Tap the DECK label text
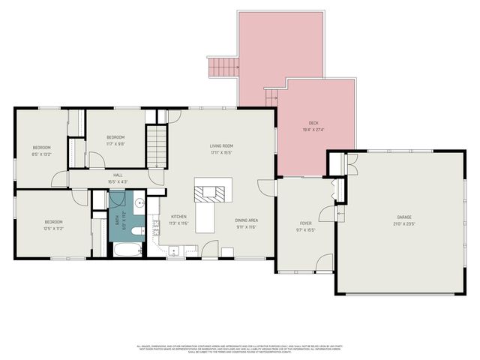[x=313, y=123]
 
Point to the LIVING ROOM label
[x=221, y=145]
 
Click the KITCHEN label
[x=178, y=216]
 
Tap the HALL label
[x=118, y=175]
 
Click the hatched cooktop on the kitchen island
[x=206, y=194]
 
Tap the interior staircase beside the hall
[x=155, y=144]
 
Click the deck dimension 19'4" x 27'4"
[x=313, y=130]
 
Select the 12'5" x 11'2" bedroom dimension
[x=52, y=228]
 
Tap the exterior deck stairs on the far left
[x=220, y=68]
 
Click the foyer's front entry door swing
[x=324, y=262]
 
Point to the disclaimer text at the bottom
[x=240, y=349]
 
